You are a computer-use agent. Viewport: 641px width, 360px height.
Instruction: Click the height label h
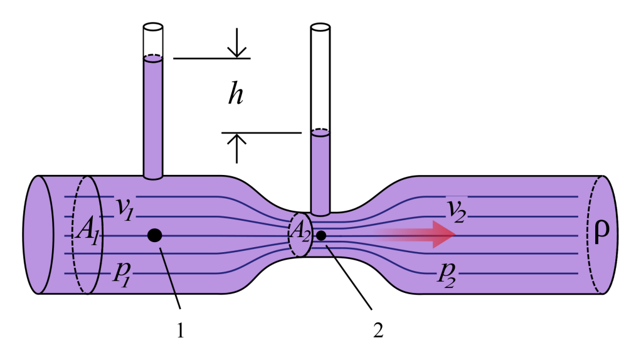236,95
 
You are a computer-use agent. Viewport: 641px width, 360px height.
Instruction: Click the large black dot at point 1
154,235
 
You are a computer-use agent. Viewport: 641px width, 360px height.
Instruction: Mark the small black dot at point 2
321,235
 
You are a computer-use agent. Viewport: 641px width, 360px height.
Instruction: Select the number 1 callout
181,331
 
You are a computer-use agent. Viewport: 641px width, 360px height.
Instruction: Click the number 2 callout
378,331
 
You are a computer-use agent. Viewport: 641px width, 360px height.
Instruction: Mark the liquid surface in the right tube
320,132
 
